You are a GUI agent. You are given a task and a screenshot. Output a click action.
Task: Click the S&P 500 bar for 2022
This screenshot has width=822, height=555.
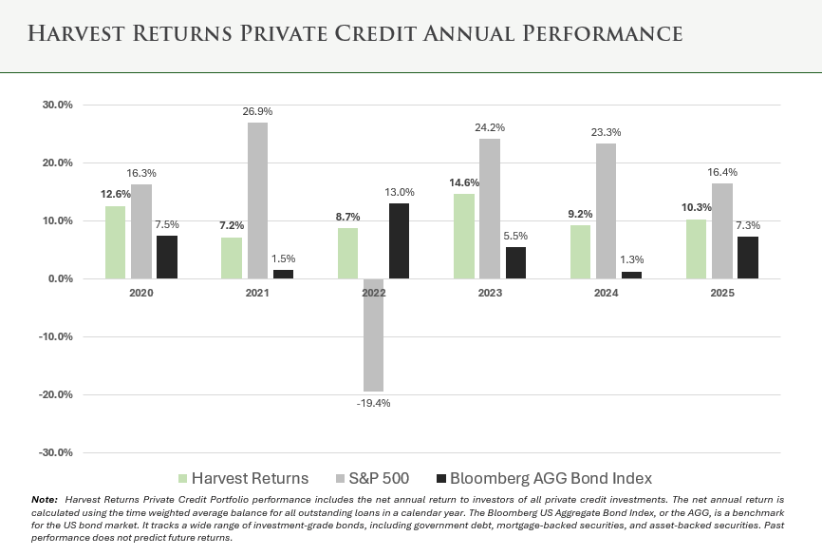[x=373, y=335]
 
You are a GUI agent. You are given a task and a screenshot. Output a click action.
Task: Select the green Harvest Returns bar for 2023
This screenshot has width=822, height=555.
[x=464, y=237]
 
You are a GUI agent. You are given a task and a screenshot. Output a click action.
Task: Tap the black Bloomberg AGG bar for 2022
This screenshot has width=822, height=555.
[x=399, y=241]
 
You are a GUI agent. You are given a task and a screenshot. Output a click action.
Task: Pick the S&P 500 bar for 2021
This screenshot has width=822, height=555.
[x=257, y=201]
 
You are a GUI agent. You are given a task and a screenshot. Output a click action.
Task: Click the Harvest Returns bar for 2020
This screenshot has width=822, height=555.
[x=115, y=242]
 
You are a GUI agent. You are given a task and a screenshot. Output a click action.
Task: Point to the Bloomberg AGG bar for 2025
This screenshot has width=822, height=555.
[x=747, y=258]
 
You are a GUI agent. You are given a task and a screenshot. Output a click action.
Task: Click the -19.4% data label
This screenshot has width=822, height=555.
[x=373, y=403]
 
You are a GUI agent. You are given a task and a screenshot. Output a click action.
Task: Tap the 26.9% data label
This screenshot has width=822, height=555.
[x=257, y=111]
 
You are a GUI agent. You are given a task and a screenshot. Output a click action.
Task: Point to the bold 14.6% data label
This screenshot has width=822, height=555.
[x=463, y=182]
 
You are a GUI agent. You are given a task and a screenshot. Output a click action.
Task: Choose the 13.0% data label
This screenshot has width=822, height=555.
[x=400, y=192]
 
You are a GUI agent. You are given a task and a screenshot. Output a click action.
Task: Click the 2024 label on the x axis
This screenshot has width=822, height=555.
[x=606, y=294]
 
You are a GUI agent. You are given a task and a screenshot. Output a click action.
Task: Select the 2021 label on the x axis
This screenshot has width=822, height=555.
[x=257, y=294]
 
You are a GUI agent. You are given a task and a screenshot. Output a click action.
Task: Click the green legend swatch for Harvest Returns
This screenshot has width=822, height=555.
[x=182, y=478]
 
